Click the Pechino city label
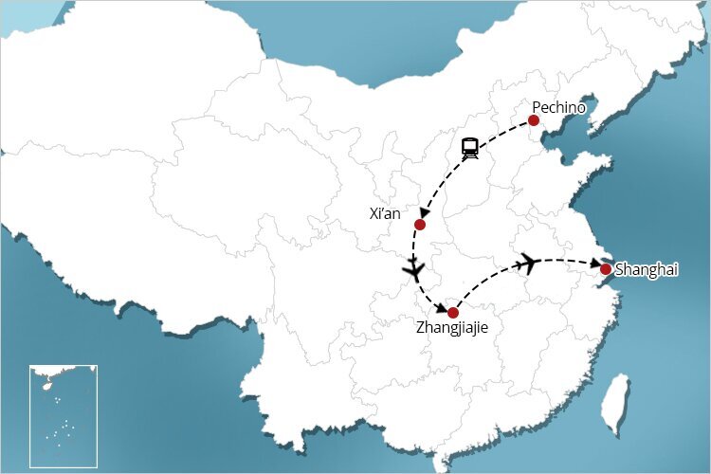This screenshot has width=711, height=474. click(x=559, y=107)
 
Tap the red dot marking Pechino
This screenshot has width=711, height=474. click(x=534, y=120)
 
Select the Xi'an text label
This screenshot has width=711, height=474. click(x=384, y=214)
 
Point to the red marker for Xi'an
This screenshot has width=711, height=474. click(x=420, y=225)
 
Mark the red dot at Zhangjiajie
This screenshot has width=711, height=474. click(x=453, y=313)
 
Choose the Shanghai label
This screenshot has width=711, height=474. click(x=647, y=270)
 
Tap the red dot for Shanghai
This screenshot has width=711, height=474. click(x=606, y=269)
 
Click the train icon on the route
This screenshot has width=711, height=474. click(x=470, y=148)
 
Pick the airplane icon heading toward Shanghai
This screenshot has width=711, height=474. click(x=528, y=263)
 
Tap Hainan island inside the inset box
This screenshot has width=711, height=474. click(x=43, y=385)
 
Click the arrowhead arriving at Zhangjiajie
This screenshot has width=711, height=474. click(x=443, y=306)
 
